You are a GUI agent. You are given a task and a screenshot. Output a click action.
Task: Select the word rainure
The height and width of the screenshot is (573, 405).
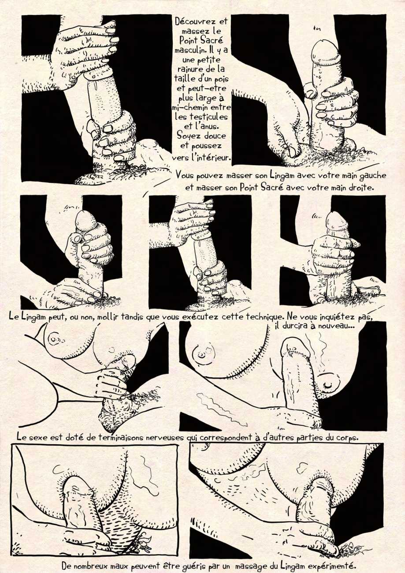point(188,70)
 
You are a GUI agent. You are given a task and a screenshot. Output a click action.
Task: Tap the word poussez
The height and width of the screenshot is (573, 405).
point(208,146)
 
